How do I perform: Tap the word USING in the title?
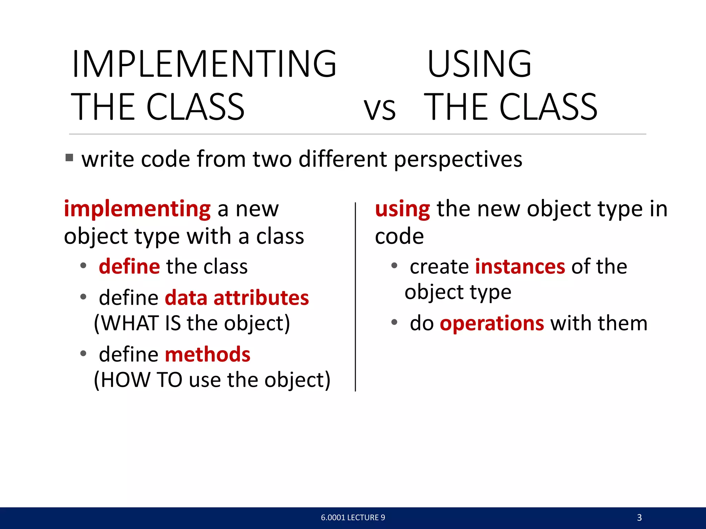[479, 64]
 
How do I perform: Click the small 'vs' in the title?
[380, 110]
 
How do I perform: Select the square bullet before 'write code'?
[69, 158]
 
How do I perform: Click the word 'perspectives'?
[458, 160]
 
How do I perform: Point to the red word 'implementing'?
[137, 209]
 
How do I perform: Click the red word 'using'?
[402, 209]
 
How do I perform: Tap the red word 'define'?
[129, 267]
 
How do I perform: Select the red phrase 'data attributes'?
[237, 298]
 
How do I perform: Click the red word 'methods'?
[208, 354]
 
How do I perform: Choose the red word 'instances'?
[520, 267]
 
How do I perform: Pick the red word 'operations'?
[492, 323]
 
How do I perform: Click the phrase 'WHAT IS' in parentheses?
[141, 323]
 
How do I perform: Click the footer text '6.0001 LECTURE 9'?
[353, 517]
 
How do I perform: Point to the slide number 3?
[639, 517]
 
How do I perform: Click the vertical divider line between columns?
[355, 296]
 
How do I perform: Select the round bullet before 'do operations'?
[394, 322]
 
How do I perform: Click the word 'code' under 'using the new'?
[399, 237]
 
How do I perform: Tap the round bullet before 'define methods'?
[83, 353]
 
